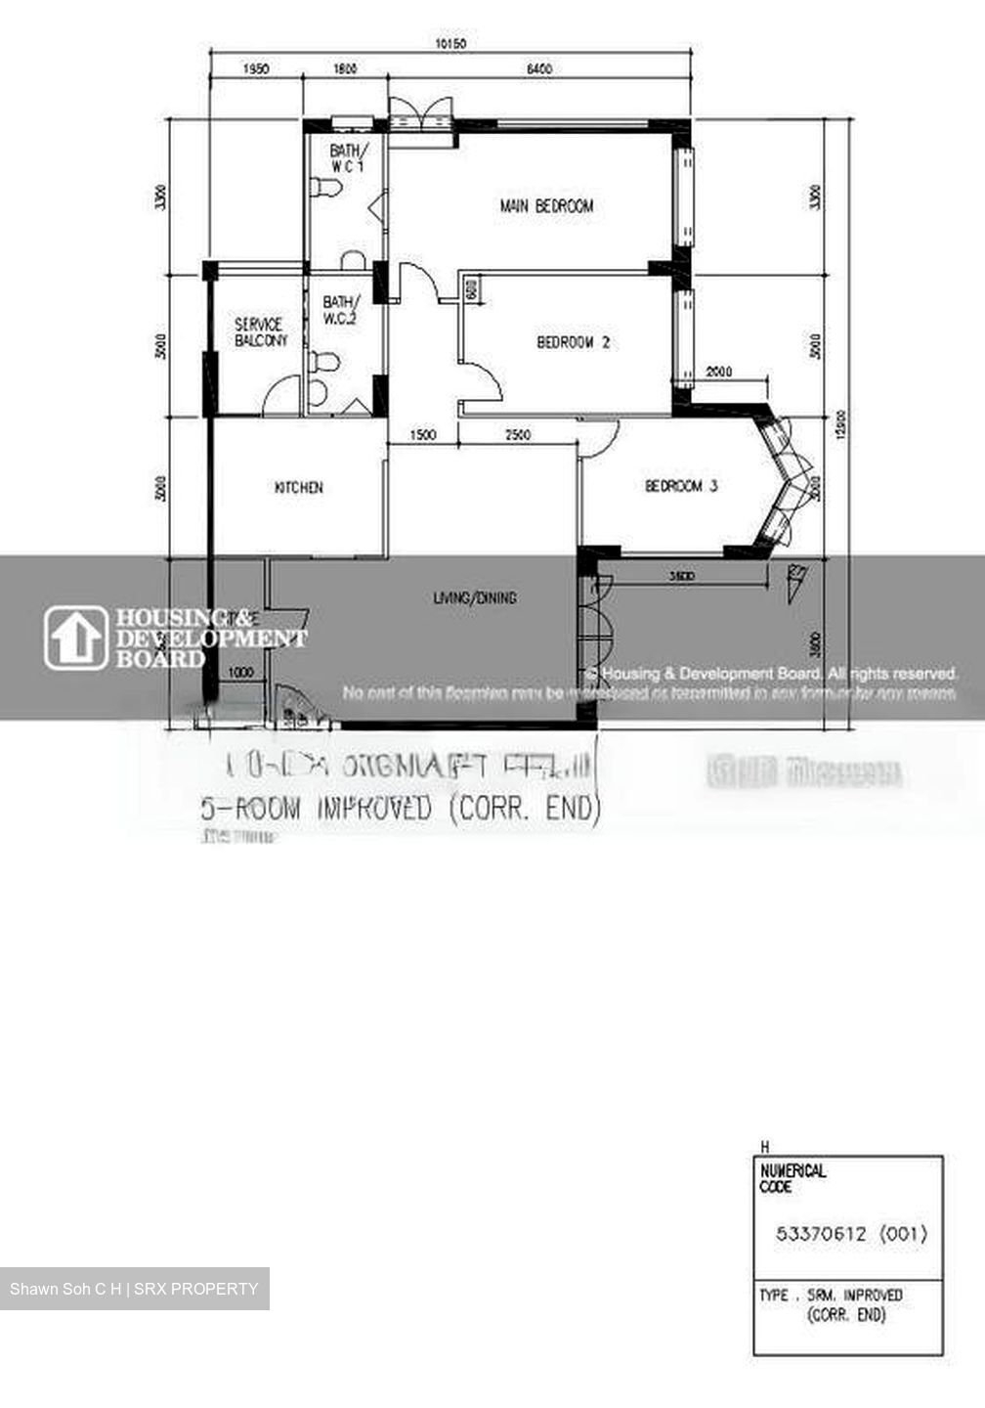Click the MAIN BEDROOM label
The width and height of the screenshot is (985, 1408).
coord(546,206)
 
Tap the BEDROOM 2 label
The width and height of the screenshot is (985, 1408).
coord(574,342)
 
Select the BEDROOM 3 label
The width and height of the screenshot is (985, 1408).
coord(681,486)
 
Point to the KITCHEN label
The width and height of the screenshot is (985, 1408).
coord(298,487)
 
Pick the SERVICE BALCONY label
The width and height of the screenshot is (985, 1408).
coord(260,332)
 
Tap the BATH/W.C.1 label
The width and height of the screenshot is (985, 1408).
coord(348,158)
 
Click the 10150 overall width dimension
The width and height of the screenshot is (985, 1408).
coord(450,43)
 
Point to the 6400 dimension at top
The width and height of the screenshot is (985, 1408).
coord(539,68)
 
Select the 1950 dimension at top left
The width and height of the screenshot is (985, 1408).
coord(255,68)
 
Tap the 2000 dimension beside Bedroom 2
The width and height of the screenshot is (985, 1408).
coord(719,372)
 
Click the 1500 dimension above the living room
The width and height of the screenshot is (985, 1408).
coord(423,435)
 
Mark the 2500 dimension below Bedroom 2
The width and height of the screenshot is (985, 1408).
coord(518,435)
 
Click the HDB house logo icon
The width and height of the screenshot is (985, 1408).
coord(75,638)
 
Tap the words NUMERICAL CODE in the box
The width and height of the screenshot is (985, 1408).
coord(792,1178)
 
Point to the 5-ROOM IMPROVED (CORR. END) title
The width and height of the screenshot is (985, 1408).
coord(399,809)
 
